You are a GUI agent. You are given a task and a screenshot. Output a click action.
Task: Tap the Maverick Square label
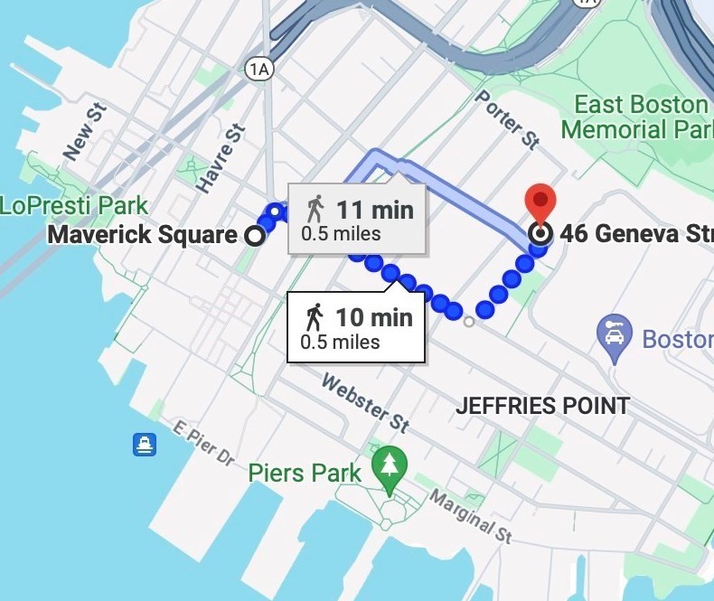tap(141, 236)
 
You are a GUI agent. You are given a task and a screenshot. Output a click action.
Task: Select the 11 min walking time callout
tap(358, 220)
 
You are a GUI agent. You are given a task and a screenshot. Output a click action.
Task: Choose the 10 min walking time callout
tap(356, 327)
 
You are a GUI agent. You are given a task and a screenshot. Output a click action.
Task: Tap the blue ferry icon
tap(145, 444)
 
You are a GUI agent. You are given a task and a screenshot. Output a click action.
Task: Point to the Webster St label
tap(365, 402)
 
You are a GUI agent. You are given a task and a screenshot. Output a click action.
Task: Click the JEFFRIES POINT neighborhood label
tap(542, 406)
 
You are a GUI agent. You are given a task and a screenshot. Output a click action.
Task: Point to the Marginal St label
tap(470, 517)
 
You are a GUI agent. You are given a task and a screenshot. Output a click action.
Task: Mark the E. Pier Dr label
tap(203, 444)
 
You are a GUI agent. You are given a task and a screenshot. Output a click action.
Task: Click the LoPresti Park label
tap(74, 205)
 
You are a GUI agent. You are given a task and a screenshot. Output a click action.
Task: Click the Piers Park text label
tap(304, 473)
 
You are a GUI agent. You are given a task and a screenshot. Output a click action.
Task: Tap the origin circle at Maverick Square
tap(256, 236)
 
